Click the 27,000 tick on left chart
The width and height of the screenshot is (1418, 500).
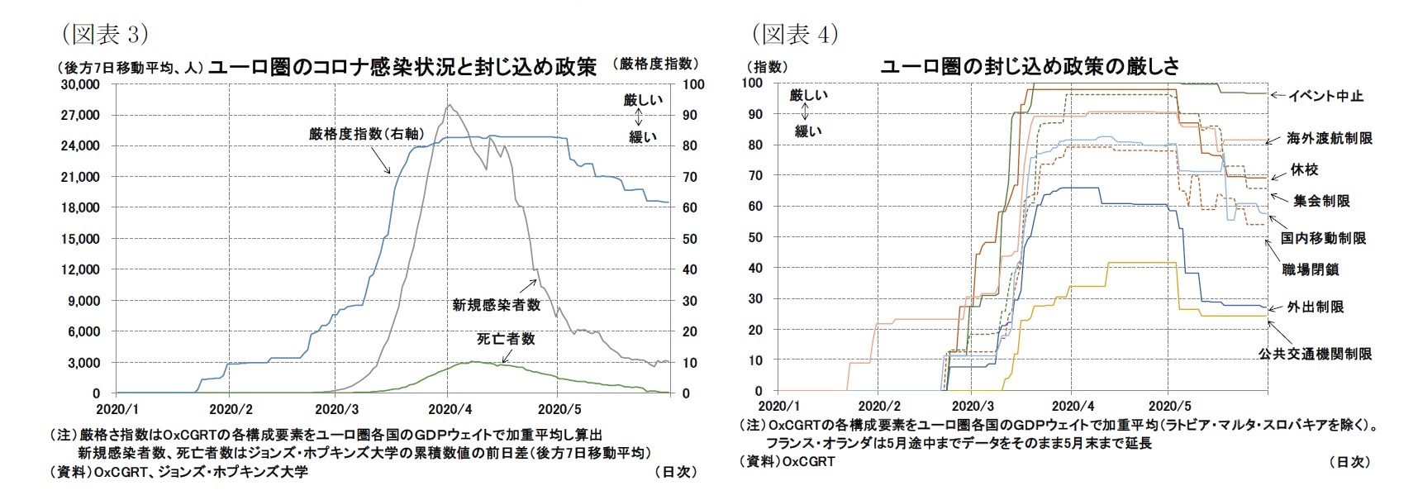[81, 115]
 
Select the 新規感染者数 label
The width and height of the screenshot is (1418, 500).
[496, 305]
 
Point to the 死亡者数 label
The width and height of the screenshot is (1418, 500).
[506, 339]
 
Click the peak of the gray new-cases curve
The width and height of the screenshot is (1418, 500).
[448, 106]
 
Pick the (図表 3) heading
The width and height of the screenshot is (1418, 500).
[103, 34]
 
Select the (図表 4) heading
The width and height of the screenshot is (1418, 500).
[794, 34]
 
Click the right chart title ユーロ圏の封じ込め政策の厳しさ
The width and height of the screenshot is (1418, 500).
[1030, 66]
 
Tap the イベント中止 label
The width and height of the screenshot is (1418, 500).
[1326, 96]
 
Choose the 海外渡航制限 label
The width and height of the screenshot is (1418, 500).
[1330, 138]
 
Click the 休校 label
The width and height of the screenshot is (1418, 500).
[1304, 169]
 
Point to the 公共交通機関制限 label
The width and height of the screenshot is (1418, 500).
[1315, 354]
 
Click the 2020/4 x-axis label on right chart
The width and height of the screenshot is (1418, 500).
[1073, 407]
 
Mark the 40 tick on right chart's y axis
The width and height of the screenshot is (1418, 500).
[754, 268]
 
